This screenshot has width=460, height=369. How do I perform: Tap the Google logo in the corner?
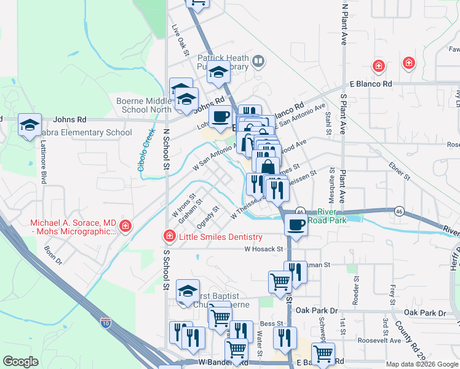pyautogui.click(x=20, y=361)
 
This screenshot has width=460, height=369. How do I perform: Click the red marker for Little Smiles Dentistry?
pyautogui.click(x=169, y=236)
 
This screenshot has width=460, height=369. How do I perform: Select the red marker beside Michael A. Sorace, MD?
pyautogui.click(x=125, y=226)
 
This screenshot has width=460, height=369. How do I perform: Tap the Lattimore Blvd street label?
pyautogui.click(x=44, y=169)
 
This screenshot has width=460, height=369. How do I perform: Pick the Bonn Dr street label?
pyautogui.click(x=54, y=255)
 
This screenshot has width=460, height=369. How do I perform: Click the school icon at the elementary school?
pyautogui.click(x=30, y=125)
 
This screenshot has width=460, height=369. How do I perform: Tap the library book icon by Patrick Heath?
pyautogui.click(x=259, y=60)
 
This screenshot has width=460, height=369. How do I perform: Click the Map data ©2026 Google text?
pyautogui.click(x=421, y=363)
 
